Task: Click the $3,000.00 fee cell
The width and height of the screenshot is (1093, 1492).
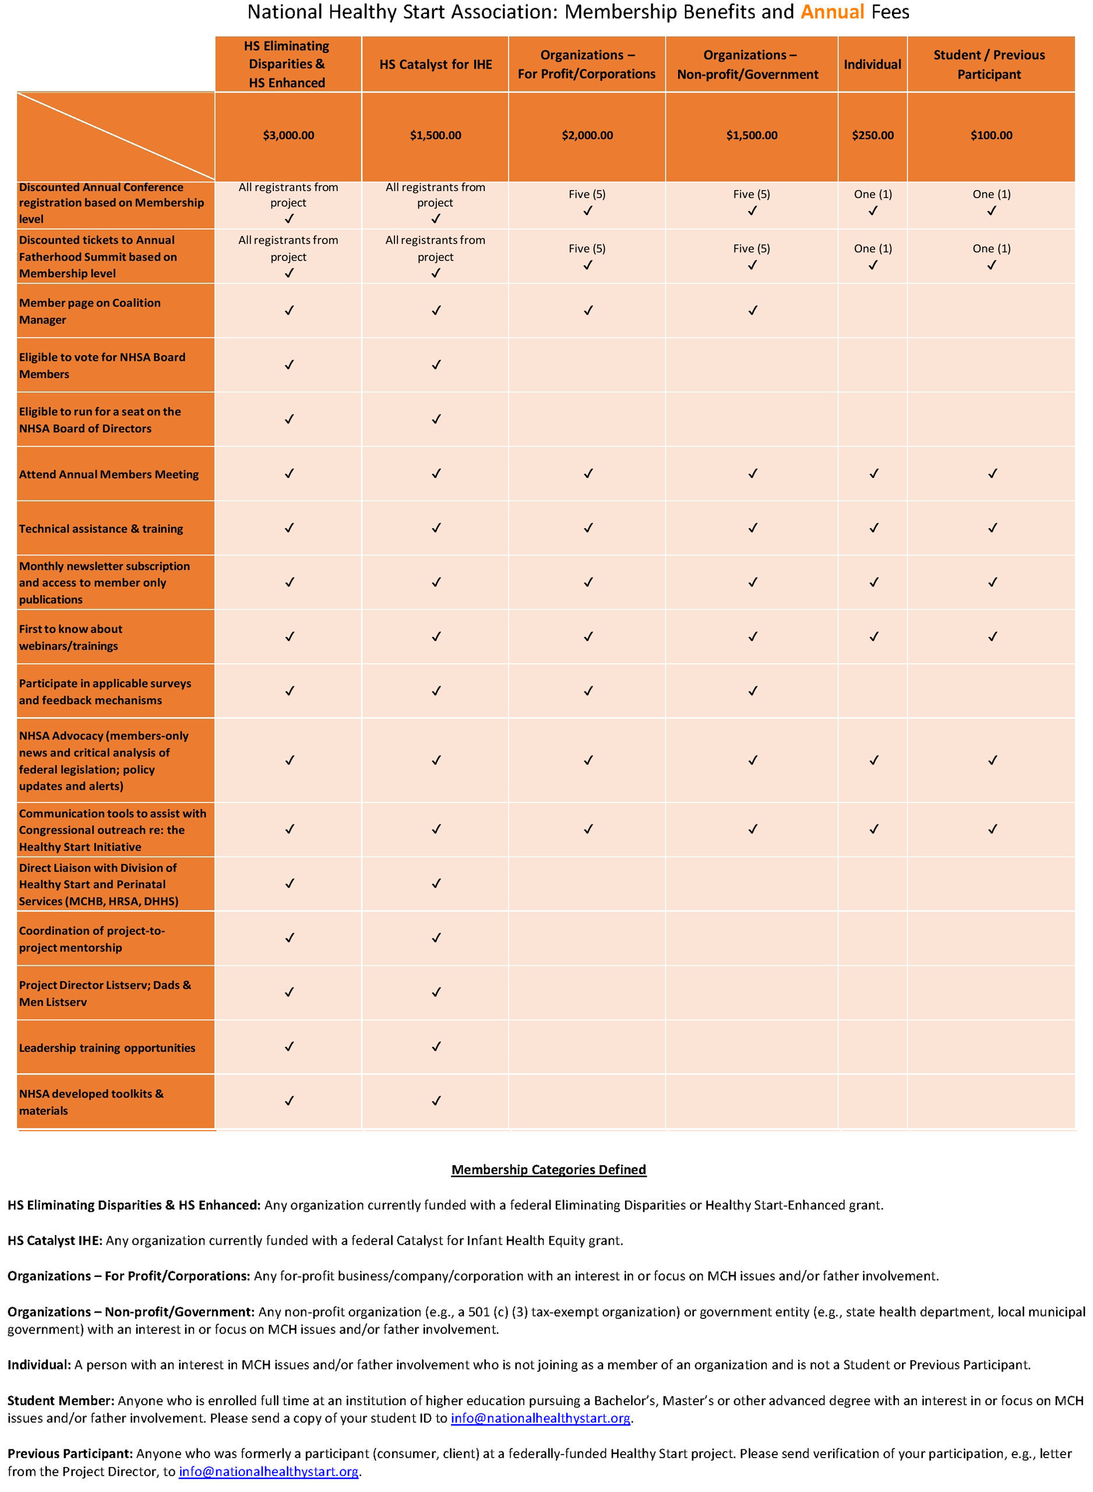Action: pos(288,136)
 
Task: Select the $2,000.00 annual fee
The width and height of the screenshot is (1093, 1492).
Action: pos(587,136)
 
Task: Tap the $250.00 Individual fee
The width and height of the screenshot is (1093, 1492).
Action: pos(872,136)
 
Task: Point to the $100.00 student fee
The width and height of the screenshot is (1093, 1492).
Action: pos(990,136)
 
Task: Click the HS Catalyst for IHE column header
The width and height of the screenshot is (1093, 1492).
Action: pos(435,64)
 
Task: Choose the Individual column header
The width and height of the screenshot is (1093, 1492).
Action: pos(872,64)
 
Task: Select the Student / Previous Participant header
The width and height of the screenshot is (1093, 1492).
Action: pos(989,64)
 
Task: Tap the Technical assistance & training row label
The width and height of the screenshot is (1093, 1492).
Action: pos(101,529)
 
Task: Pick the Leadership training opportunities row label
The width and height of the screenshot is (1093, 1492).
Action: pos(107,1047)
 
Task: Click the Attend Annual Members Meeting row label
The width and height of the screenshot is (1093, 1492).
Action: pos(108,474)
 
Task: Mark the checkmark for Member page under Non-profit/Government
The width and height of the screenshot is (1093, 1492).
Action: pos(752,310)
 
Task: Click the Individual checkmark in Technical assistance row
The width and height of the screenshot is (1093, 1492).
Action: pos(873,528)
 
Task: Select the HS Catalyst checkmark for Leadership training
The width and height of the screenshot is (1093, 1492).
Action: pos(436,1047)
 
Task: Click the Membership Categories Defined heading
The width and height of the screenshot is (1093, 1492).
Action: pos(548,1169)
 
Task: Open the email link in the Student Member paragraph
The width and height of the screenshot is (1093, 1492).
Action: pos(540,1418)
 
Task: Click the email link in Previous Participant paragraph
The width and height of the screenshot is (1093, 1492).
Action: pos(269,1472)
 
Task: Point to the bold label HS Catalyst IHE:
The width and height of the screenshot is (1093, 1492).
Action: pos(55,1240)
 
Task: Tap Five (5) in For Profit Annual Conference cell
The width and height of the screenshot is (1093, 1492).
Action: pos(587,194)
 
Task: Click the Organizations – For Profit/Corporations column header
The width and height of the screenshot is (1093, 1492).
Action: pos(586,64)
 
